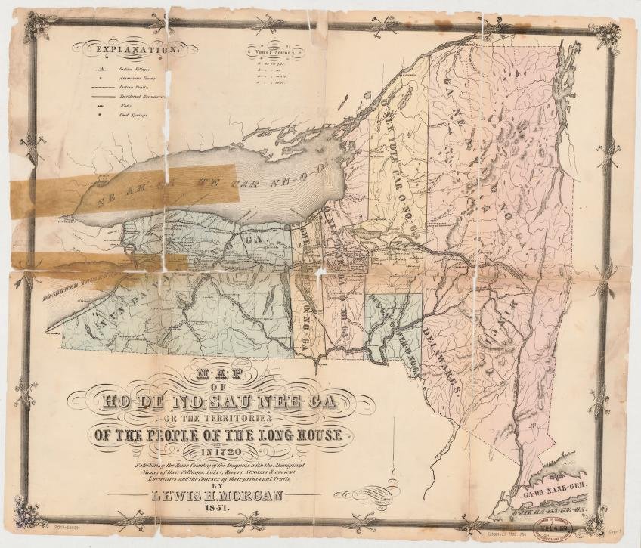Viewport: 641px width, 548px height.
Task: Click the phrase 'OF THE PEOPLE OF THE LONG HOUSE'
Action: click(218, 435)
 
